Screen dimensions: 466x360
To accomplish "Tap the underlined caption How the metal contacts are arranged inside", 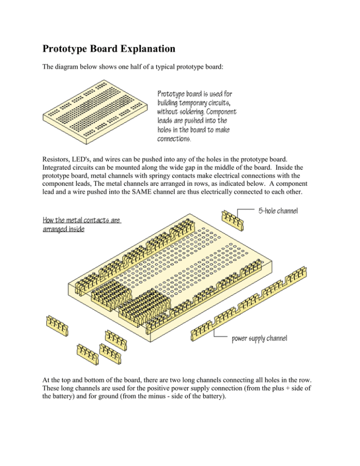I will (82, 225).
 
